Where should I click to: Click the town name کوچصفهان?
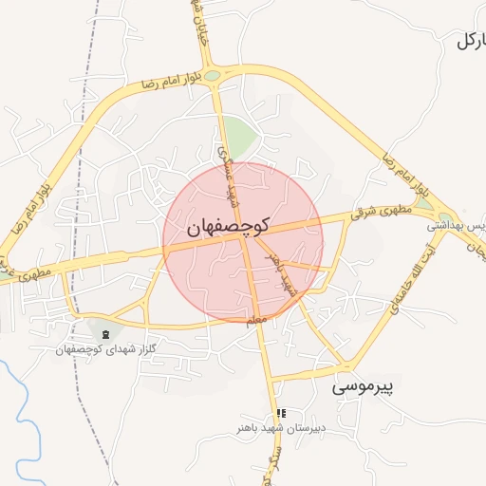228,227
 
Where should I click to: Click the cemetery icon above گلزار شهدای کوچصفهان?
104,333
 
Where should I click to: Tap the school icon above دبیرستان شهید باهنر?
280,413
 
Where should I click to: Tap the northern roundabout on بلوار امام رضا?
213,75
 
